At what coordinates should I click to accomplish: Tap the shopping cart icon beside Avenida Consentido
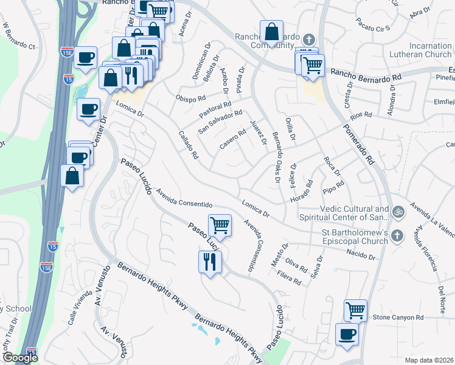point(220,225)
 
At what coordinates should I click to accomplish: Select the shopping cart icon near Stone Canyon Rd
point(355,310)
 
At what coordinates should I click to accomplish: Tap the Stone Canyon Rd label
point(398,318)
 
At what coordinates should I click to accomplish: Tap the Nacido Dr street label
point(361,254)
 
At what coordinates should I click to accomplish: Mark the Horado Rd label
point(300,192)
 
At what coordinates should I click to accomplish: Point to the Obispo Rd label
point(190,97)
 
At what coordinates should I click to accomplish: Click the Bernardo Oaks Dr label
point(276,157)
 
